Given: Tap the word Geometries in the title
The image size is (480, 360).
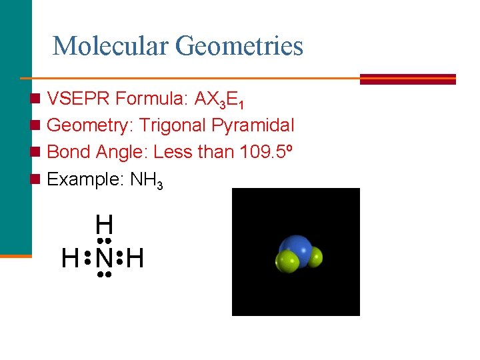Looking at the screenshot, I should tap(239, 46).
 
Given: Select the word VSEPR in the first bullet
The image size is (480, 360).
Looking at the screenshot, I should tap(79, 99).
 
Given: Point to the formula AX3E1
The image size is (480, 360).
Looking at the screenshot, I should tap(220, 101).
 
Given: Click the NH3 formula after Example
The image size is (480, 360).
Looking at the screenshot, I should tap(147, 180).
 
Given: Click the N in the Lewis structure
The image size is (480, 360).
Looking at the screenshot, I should tap(103, 257).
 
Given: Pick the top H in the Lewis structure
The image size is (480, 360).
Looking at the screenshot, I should tap(103, 223).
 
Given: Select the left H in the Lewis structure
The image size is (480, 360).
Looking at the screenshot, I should tap(69, 257).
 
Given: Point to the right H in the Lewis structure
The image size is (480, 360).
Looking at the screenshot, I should tap(135, 257).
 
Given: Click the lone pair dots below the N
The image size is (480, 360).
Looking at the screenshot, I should tap(103, 274).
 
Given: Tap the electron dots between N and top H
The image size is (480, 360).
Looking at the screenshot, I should tap(103, 240).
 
